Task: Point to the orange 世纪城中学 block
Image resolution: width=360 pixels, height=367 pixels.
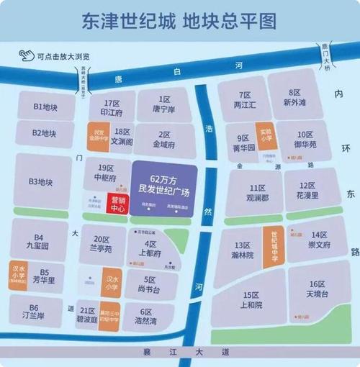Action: pos(274,245)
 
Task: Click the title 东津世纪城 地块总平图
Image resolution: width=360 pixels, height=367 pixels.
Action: pos(180,21)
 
